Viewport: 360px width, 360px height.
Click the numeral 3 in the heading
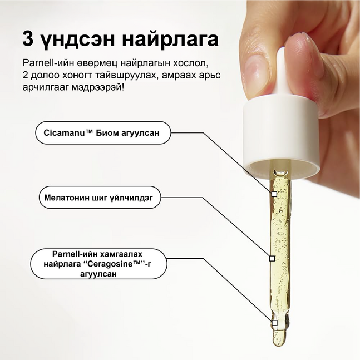click(x=28, y=38)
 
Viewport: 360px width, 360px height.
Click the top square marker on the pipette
click(x=274, y=194)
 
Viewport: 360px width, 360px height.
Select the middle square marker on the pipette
click(x=272, y=258)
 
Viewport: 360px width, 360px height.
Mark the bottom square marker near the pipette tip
click(x=274, y=322)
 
